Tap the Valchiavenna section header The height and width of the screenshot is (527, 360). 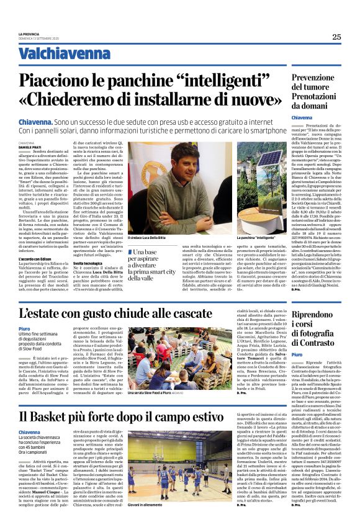pyautogui.click(x=59, y=53)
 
